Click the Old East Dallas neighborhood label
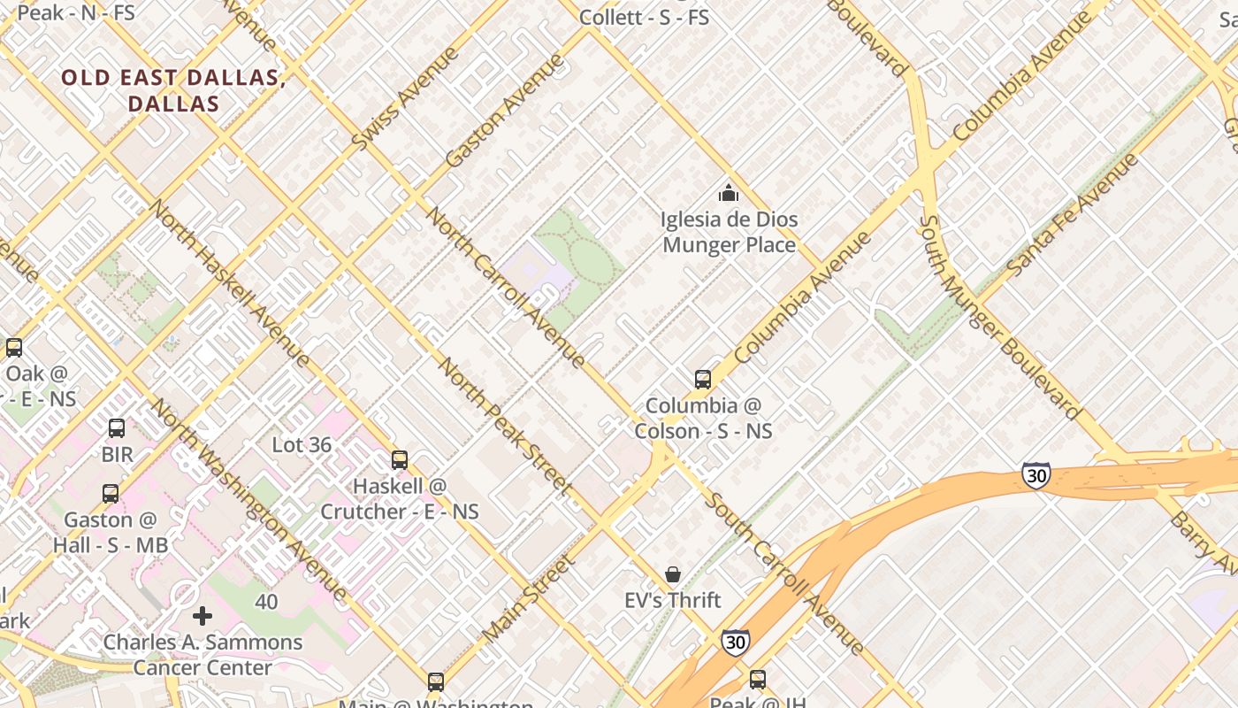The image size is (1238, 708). (x=172, y=90)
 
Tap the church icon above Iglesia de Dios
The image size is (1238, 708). (x=729, y=192)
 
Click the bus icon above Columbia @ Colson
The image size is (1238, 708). (x=703, y=380)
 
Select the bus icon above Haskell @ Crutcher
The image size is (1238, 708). (x=400, y=460)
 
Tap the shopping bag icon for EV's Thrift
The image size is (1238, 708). (x=673, y=575)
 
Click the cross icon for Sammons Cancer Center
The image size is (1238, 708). (x=203, y=616)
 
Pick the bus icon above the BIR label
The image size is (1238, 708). (x=117, y=428)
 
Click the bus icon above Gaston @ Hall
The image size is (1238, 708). (x=111, y=494)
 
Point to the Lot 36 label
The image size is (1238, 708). (x=302, y=445)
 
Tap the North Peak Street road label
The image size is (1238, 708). (x=505, y=425)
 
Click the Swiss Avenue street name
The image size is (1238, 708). (x=405, y=98)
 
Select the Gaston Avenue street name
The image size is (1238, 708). (x=504, y=111)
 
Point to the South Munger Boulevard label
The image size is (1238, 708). (x=998, y=317)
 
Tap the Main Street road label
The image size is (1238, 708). (x=528, y=599)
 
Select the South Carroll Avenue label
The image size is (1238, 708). (x=784, y=574)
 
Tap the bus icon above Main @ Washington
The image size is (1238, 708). (x=436, y=682)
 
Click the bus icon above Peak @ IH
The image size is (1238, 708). (x=758, y=680)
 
